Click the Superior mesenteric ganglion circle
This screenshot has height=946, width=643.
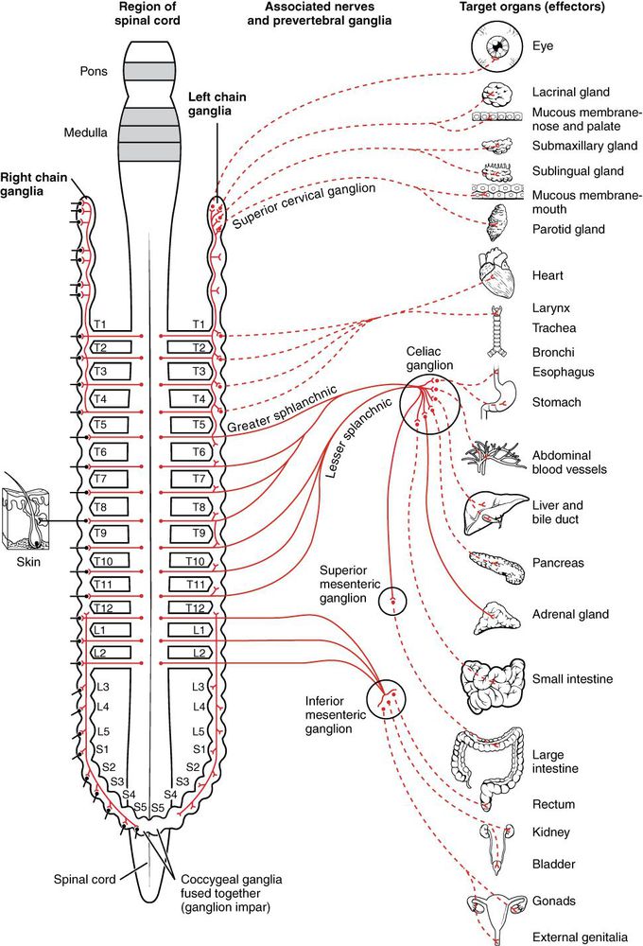pos(392,601)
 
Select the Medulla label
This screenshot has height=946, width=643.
pos(86,133)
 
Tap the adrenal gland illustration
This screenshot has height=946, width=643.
pos(494,618)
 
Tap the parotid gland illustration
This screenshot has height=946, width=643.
pos(495,228)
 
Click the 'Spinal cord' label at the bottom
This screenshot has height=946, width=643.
pos(86,879)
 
